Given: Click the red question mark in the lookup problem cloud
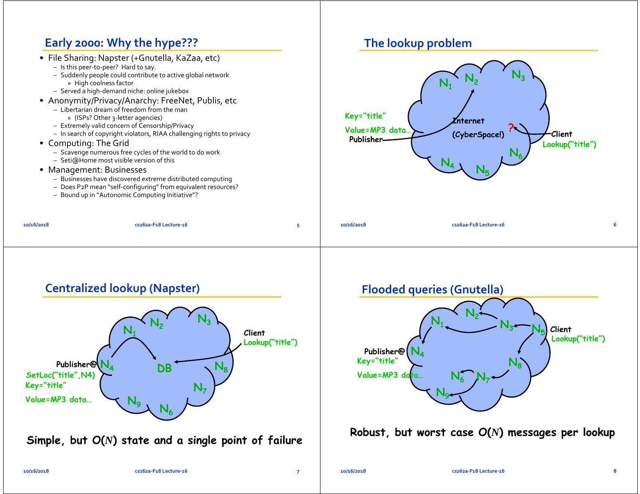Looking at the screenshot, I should pyautogui.click(x=511, y=128).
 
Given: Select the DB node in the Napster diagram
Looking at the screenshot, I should pyautogui.click(x=164, y=368).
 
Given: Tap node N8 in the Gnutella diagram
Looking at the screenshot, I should pyautogui.click(x=515, y=363).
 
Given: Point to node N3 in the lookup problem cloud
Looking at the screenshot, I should pyautogui.click(x=518, y=75).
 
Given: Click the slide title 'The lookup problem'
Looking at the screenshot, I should pyautogui.click(x=418, y=43).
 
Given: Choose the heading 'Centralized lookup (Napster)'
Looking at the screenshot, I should pyautogui.click(x=122, y=288).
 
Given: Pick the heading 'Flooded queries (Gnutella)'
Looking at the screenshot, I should pyautogui.click(x=432, y=289).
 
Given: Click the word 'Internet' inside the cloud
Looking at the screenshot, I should pyautogui.click(x=469, y=121).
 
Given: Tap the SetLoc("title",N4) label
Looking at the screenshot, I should pyautogui.click(x=60, y=375).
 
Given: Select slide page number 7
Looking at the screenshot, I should pyautogui.click(x=298, y=471).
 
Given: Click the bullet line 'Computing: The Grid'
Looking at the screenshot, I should pyautogui.click(x=88, y=143).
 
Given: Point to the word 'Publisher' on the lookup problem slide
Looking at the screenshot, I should pyautogui.click(x=366, y=139).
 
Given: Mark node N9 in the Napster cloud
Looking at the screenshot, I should pyautogui.click(x=134, y=401).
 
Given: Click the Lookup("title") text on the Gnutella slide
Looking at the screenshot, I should pyautogui.click(x=578, y=339).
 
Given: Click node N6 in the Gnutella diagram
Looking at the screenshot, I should pyautogui.click(x=457, y=376).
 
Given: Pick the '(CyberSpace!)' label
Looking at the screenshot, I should pyautogui.click(x=478, y=135).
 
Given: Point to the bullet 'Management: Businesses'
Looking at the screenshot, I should pyautogui.click(x=97, y=170).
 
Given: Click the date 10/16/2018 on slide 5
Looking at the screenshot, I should pyautogui.click(x=36, y=225).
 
